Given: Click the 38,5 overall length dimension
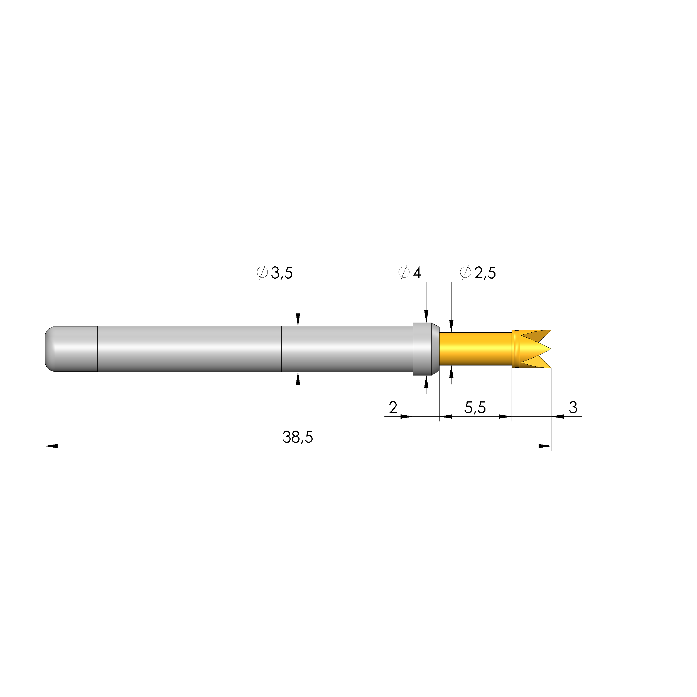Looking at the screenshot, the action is coord(298,437).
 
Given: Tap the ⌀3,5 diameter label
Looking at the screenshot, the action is coord(274,273).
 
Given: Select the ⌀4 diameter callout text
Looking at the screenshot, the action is coord(409,273).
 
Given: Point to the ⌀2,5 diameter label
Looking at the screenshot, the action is coord(478,273).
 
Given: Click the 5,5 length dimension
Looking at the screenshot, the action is coord(475,408).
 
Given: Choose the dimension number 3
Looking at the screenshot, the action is coord(573,408).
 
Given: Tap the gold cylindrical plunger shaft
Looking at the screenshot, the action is coord(475,349).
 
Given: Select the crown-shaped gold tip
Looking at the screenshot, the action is coord(531,349).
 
